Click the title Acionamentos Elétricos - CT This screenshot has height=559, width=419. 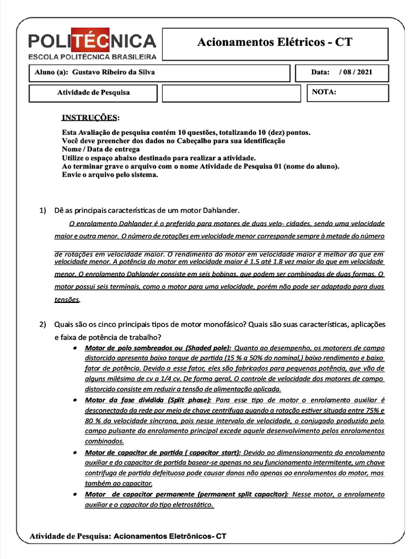pos(275,43)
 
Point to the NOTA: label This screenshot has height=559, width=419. pos(324,92)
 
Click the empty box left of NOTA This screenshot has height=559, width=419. pos(231,93)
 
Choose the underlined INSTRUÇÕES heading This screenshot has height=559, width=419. pos(89,117)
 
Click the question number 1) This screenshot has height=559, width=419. pos(43,211)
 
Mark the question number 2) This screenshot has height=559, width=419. pos(43,325)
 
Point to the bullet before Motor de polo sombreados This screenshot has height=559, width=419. pos(74,348)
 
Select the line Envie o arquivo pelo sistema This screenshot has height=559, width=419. pos(110,175)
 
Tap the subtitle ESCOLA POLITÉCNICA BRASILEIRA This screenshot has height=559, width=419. pos(92,56)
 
